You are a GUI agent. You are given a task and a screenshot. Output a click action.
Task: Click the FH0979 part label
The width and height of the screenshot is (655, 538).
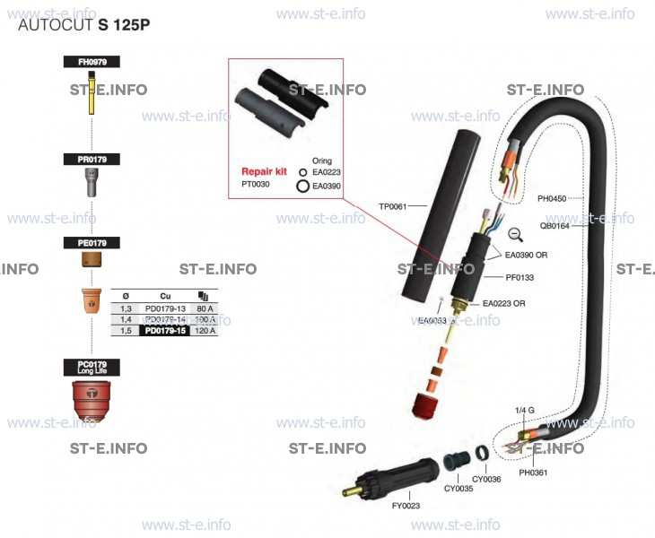pyautogui.click(x=92, y=62)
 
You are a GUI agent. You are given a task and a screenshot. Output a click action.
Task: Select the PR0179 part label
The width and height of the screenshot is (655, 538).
pyautogui.click(x=92, y=159)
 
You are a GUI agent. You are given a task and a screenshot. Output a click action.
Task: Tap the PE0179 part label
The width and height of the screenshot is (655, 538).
pyautogui.click(x=92, y=243)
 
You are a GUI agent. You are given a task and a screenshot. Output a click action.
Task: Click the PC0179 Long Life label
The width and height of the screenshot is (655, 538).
pyautogui.click(x=92, y=367)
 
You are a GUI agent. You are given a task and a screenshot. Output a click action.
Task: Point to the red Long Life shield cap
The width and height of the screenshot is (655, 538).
pyautogui.click(x=92, y=400)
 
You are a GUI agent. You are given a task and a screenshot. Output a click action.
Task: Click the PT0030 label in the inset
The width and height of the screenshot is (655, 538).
pyautogui.click(x=257, y=184)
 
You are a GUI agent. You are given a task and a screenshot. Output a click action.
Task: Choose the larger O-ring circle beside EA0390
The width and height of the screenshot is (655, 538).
pyautogui.click(x=303, y=186)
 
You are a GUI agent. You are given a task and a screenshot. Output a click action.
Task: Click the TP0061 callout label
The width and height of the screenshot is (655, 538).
pyautogui.click(x=393, y=206)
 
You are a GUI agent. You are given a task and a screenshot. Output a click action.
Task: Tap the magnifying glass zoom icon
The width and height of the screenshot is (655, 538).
pyautogui.click(x=516, y=235)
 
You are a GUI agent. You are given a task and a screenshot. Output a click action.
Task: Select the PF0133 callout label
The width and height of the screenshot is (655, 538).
pyautogui.click(x=520, y=278)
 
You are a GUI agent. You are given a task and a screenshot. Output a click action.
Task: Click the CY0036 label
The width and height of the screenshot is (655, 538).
pyautogui.click(x=486, y=480)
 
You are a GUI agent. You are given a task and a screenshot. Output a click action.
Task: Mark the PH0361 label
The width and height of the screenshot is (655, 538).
pyautogui.click(x=533, y=471)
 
